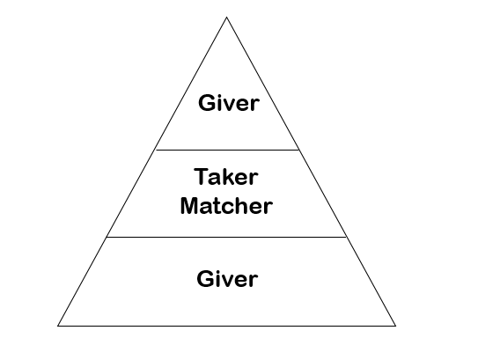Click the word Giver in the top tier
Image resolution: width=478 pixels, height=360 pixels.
click(x=229, y=103)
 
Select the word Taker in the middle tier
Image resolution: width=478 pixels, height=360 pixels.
click(x=226, y=177)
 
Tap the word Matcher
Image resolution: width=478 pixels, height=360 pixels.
click(x=226, y=205)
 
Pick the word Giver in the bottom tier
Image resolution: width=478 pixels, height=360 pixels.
click(x=227, y=278)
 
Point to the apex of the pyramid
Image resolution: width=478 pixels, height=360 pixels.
click(x=226, y=17)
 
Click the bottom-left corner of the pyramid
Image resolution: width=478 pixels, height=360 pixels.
click(x=57, y=326)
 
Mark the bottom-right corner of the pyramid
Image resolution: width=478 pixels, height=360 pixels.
click(x=395, y=326)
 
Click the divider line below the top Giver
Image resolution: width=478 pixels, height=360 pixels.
click(x=227, y=150)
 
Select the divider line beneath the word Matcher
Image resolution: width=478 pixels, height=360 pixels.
click(x=226, y=237)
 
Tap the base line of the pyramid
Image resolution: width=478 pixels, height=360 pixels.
click(x=226, y=326)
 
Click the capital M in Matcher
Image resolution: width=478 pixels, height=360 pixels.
click(x=189, y=205)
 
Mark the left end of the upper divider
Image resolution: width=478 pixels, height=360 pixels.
click(x=156, y=150)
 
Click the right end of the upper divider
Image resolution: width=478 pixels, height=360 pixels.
click(x=299, y=150)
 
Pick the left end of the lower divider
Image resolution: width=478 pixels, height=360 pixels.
click(x=107, y=237)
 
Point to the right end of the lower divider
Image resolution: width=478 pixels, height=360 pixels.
click(x=347, y=237)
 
